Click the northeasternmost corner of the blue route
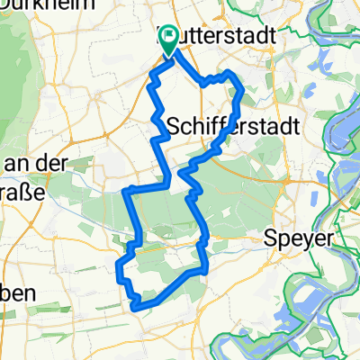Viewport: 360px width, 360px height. coord(231,72)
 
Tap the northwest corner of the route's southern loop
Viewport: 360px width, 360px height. coord(127,190)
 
